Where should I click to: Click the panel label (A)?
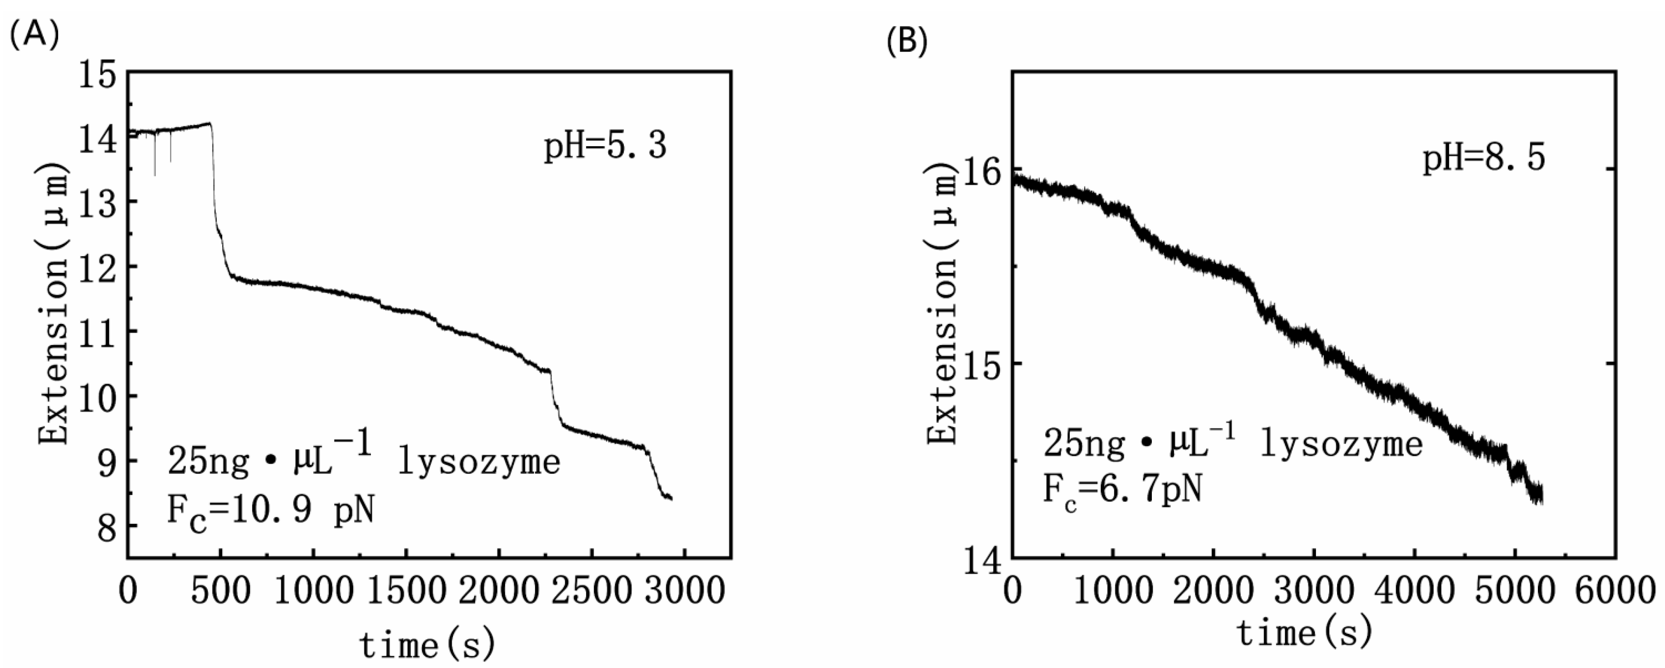(x=34, y=34)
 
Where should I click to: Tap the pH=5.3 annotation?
(x=605, y=145)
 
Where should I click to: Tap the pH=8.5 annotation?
(x=1484, y=158)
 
